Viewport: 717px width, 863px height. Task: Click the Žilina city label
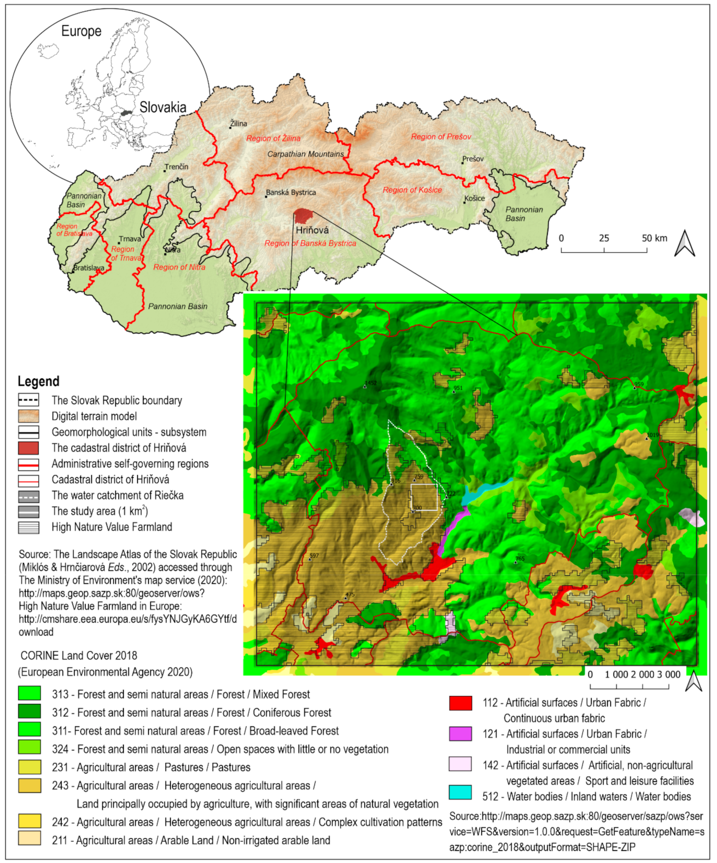238,124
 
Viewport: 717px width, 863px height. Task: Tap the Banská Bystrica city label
291,193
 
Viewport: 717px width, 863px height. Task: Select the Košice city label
475,199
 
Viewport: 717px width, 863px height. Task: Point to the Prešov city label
473,159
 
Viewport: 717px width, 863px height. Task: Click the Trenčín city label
177,167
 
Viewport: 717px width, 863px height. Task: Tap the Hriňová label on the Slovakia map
312,230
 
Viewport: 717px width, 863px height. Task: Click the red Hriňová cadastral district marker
302,216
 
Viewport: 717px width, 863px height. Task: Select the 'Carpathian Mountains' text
305,154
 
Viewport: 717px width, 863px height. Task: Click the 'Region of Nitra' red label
179,267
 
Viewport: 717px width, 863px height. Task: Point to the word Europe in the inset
81,31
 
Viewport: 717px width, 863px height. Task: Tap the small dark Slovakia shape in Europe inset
127,113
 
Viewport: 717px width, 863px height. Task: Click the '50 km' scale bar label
654,238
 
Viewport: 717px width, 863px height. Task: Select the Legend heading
38,381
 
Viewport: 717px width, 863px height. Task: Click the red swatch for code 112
460,703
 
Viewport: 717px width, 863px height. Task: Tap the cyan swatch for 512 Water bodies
460,792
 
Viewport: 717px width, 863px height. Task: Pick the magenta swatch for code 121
460,734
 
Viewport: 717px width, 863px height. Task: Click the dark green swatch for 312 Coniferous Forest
29,711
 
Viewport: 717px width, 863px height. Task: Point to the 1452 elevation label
371,383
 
